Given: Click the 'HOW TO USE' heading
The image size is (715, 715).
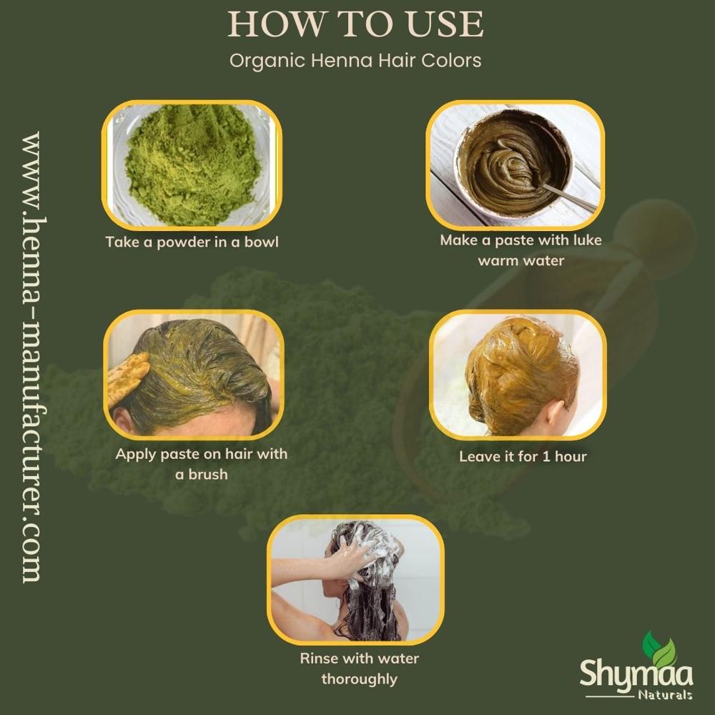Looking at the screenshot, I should click(x=355, y=25).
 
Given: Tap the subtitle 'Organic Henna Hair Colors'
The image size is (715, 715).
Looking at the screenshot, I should click(x=355, y=60).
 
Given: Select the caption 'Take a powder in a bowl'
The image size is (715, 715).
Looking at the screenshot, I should click(x=192, y=242).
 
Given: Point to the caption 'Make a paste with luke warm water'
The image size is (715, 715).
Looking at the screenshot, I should click(x=521, y=250).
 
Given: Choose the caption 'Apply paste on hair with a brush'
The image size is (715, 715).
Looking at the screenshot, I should click(x=201, y=463).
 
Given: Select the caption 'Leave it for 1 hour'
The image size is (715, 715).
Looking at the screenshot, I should click(x=523, y=456).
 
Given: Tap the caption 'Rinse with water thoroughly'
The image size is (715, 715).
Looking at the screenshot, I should click(x=360, y=668).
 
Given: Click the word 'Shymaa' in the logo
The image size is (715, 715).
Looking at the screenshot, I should click(x=626, y=673).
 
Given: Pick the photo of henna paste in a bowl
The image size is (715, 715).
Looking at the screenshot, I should click(x=515, y=164).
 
